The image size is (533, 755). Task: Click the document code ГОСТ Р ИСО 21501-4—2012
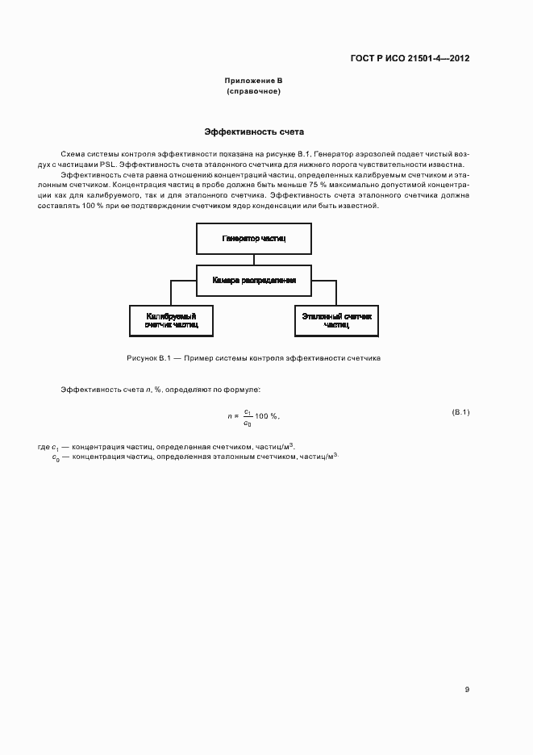[410, 59]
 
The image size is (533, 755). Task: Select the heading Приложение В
[253, 81]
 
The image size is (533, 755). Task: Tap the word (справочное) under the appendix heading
[253, 91]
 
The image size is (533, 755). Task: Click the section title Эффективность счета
[253, 131]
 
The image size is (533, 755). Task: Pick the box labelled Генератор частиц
[254, 240]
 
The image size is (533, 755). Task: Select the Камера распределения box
[254, 281]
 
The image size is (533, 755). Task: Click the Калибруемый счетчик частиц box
[171, 320]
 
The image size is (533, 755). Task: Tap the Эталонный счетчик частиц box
[336, 320]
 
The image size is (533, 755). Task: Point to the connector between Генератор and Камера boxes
[254, 260]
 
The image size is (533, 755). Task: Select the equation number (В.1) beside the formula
[460, 412]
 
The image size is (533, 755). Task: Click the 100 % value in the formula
[267, 416]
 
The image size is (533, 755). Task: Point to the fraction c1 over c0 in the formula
[248, 416]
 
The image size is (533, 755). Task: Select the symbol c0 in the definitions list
[56, 457]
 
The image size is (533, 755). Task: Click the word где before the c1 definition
[44, 446]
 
